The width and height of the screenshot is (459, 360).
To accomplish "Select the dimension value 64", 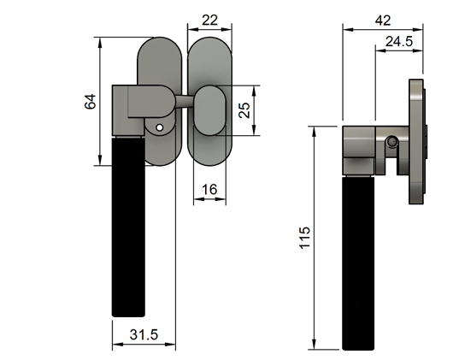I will click(89, 102).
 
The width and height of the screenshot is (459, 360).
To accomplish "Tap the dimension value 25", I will click(244, 110).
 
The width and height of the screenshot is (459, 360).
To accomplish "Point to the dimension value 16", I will click(209, 188).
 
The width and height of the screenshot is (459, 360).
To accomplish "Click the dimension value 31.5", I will click(144, 334).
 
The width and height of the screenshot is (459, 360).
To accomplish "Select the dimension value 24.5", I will click(399, 41).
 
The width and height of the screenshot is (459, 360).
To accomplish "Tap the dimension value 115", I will click(306, 238).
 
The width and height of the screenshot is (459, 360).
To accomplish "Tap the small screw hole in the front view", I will click(159, 128).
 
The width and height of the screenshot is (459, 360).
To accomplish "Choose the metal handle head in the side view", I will click(359, 150).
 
